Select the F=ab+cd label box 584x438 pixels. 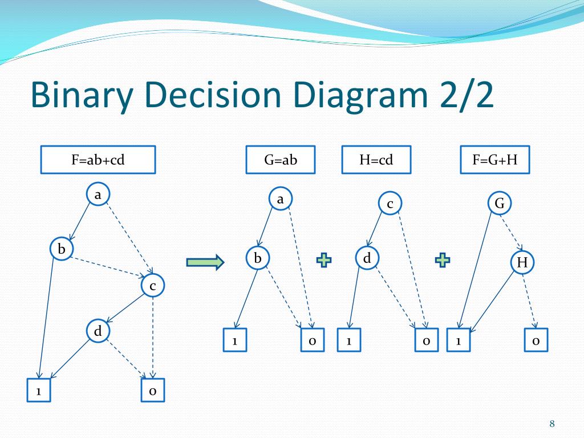(98, 160)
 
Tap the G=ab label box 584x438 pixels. (281, 160)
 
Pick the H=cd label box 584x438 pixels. (376, 160)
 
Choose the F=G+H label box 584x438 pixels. (494, 160)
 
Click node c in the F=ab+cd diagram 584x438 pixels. (153, 286)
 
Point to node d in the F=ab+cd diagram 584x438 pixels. (98, 331)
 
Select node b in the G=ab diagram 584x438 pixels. (258, 259)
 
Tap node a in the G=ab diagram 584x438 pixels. (280, 199)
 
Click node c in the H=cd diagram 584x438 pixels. (390, 204)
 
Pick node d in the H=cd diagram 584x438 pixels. (367, 259)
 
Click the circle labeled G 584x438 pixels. (500, 204)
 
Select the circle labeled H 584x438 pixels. (522, 262)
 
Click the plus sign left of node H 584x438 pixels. (442, 260)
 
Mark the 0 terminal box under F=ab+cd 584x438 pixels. (153, 391)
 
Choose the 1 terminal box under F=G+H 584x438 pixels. (458, 340)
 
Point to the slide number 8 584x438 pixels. (552, 423)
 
